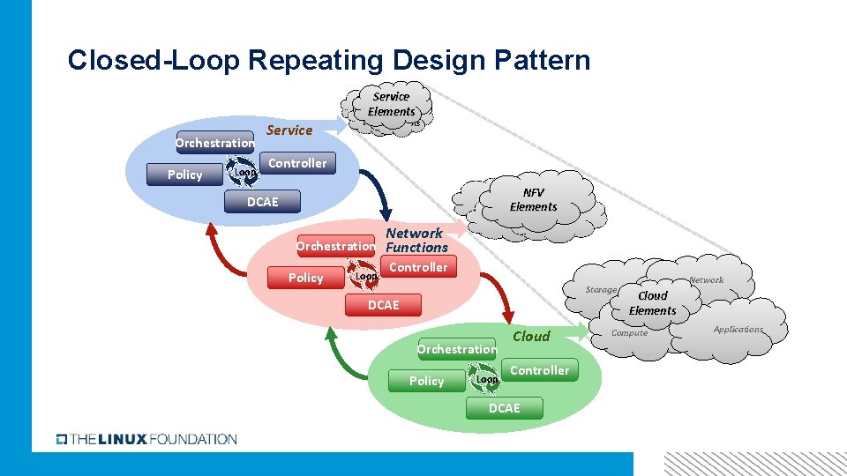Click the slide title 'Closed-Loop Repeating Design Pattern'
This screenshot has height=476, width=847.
pyautogui.click(x=328, y=61)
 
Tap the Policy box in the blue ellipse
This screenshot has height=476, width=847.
pyautogui.click(x=185, y=175)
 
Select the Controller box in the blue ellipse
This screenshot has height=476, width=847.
pyautogui.click(x=297, y=163)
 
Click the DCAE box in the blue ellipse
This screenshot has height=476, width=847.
pyautogui.click(x=262, y=202)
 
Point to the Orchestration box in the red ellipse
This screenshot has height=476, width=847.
pyautogui.click(x=335, y=246)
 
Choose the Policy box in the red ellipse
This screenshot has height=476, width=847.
pyautogui.click(x=306, y=278)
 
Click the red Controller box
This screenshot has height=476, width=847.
pyautogui.click(x=418, y=267)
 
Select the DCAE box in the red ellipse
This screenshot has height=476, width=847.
pyautogui.click(x=383, y=305)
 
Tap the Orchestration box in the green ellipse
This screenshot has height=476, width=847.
pyautogui.click(x=456, y=349)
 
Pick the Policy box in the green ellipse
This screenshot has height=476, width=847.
pyautogui.click(x=427, y=381)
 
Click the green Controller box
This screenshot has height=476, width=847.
pyautogui.click(x=539, y=370)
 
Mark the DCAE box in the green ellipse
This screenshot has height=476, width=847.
pyautogui.click(x=505, y=408)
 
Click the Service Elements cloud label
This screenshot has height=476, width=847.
pyautogui.click(x=391, y=104)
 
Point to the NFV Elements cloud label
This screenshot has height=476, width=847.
pyautogui.click(x=534, y=199)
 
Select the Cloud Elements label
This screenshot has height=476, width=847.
pyautogui.click(x=653, y=303)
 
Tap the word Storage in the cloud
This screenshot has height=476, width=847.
pyautogui.click(x=601, y=290)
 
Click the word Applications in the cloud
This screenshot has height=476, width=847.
pyautogui.click(x=738, y=330)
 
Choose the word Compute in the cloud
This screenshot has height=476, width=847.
pyautogui.click(x=629, y=333)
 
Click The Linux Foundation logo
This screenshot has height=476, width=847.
pyautogui.click(x=146, y=438)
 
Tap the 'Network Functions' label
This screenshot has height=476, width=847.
pyautogui.click(x=416, y=240)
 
